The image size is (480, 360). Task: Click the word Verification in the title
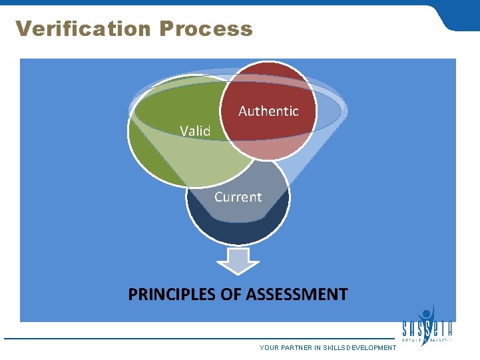(x=84, y=29)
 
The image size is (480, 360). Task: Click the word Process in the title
(x=206, y=29)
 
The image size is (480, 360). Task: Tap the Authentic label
(x=268, y=111)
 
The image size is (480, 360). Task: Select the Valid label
(x=195, y=131)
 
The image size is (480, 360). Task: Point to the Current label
(x=238, y=197)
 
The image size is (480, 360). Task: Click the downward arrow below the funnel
(x=238, y=260)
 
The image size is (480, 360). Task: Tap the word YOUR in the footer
(x=270, y=348)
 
